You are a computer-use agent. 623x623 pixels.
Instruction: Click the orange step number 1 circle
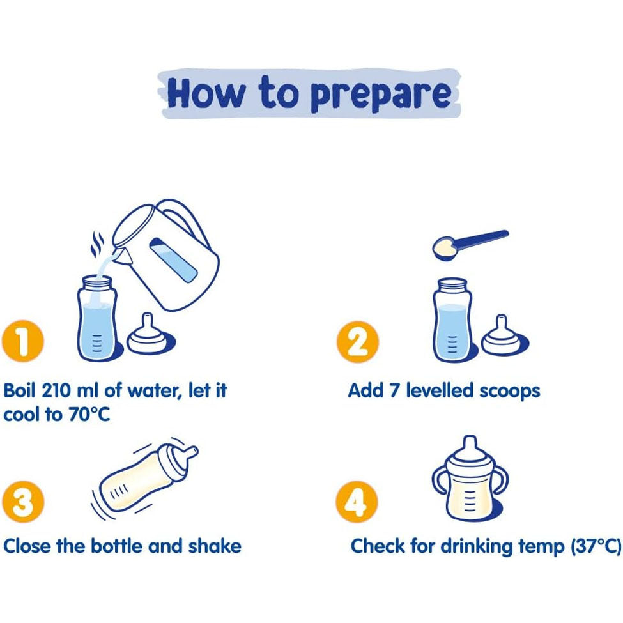pyautogui.click(x=22, y=341)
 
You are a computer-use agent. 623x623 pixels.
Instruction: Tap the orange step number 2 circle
pyautogui.click(x=357, y=342)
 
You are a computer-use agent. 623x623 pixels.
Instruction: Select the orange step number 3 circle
pyautogui.click(x=22, y=502)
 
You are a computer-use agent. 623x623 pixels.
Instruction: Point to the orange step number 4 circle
pyautogui.click(x=357, y=502)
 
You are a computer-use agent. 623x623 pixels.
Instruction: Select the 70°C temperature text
pyautogui.click(x=89, y=415)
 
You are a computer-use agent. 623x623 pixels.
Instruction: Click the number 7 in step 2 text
pyautogui.click(x=394, y=390)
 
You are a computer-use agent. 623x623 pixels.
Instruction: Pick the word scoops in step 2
pyautogui.click(x=510, y=391)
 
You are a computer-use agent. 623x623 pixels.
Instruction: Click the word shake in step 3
pyautogui.click(x=215, y=546)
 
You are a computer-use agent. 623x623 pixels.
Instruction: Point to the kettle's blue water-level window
pyautogui.click(x=174, y=260)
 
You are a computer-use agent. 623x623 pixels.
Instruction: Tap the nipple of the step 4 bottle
pyautogui.click(x=470, y=445)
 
